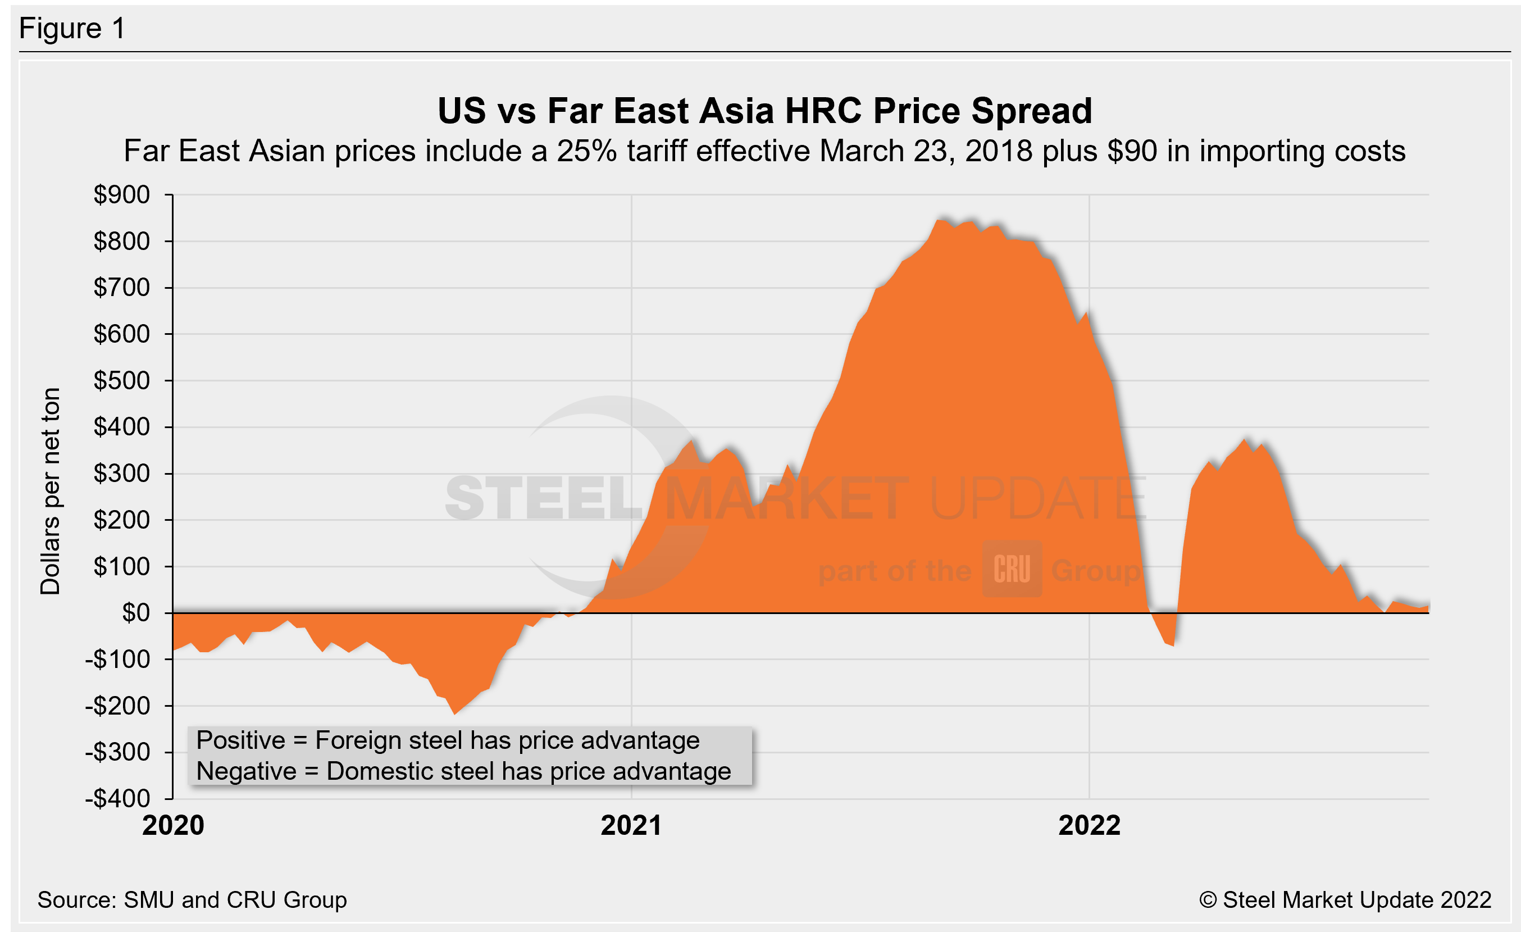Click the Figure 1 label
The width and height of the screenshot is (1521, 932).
click(x=72, y=29)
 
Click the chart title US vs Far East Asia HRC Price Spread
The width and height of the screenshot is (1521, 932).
click(x=765, y=111)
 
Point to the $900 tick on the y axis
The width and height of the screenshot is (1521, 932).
click(x=122, y=195)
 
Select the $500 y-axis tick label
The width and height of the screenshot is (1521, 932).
click(x=122, y=381)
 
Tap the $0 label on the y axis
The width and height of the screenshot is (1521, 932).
click(x=136, y=613)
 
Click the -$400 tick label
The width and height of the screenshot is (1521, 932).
click(x=118, y=799)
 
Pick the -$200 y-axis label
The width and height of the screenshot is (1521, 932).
click(x=118, y=706)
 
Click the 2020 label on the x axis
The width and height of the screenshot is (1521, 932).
click(x=173, y=826)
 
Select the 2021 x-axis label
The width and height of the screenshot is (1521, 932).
click(x=631, y=826)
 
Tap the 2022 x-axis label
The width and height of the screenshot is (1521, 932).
click(x=1089, y=826)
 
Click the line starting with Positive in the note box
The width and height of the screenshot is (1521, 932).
click(x=448, y=740)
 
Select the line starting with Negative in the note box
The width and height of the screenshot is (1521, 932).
click(x=463, y=771)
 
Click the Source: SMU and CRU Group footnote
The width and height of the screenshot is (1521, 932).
click(x=192, y=900)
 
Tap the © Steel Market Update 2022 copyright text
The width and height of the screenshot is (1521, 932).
click(x=1345, y=900)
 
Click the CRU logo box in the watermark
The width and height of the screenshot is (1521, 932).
click(x=1012, y=569)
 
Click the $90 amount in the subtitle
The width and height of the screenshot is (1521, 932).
click(x=1132, y=151)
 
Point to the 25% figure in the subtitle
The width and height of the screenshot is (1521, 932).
click(x=586, y=151)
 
